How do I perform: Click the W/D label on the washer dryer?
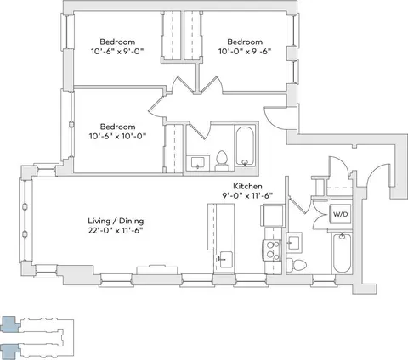click(340, 214)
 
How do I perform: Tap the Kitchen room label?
click(247, 186)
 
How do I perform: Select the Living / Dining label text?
click(116, 221)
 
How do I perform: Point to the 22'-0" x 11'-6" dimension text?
click(115, 230)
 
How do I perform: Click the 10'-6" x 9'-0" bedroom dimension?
click(117, 52)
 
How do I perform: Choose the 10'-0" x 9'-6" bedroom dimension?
click(245, 52)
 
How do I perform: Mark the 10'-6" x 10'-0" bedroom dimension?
click(117, 136)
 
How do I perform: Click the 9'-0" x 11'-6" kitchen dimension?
click(247, 196)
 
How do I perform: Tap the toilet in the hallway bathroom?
click(222, 161)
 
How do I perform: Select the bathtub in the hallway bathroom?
click(245, 146)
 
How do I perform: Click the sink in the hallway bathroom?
click(198, 163)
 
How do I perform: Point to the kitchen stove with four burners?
click(273, 250)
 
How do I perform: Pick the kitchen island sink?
click(225, 260)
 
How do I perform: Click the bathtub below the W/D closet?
click(342, 253)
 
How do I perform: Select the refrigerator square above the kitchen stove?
click(272, 215)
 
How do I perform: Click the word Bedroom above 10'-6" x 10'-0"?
click(117, 127)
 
